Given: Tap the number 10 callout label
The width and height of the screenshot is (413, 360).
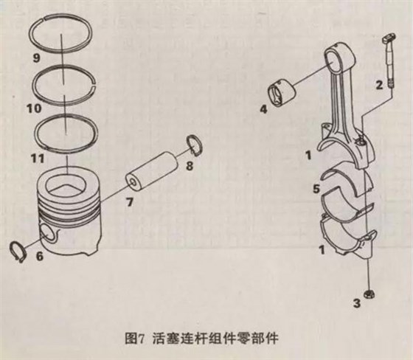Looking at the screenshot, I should point(33,108).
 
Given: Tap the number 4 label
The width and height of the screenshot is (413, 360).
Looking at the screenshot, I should point(263,111).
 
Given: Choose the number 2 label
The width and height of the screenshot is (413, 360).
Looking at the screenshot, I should point(379,86).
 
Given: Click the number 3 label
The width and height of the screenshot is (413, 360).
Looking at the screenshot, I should point(357,303).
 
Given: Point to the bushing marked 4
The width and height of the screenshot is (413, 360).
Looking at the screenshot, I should point(284,92).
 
